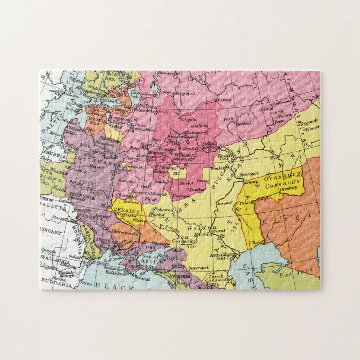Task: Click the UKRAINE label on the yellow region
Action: pyautogui.click(x=127, y=210)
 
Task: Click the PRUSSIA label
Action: pyautogui.click(x=50, y=152)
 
